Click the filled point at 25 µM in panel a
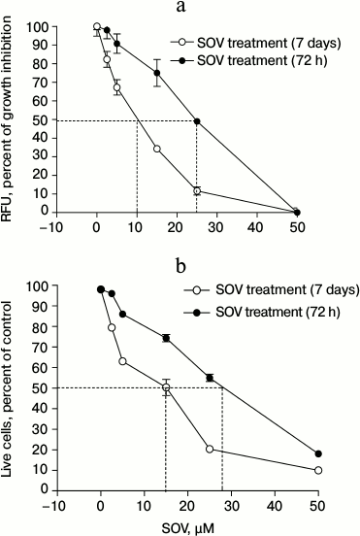point(197,121)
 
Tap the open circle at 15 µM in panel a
point(156,149)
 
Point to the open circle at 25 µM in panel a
point(197,191)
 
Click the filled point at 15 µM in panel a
point(156,73)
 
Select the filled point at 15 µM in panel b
point(166,338)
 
